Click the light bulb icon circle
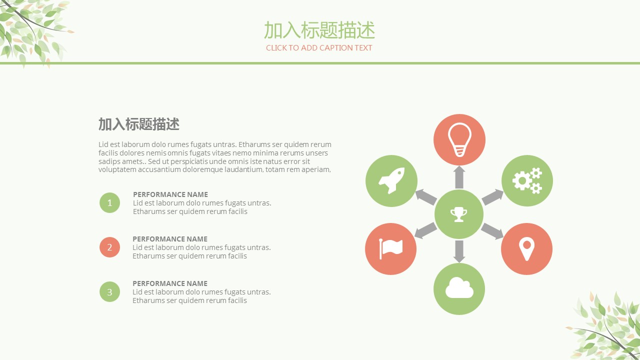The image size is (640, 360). click(x=459, y=139)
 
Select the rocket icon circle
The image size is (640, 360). click(x=391, y=181)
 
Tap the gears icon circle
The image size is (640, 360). click(x=527, y=181)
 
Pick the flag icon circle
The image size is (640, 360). click(x=391, y=249)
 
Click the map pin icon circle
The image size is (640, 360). click(x=526, y=249)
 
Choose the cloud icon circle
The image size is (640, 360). click(x=459, y=289)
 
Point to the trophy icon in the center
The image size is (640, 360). click(x=459, y=214)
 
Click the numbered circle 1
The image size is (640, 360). click(x=109, y=203)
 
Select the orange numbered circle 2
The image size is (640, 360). click(x=109, y=247)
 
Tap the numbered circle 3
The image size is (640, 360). click(x=109, y=291)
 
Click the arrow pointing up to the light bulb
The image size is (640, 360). click(x=459, y=177)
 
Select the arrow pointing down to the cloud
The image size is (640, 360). click(x=459, y=251)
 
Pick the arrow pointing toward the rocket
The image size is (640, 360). click(x=425, y=196)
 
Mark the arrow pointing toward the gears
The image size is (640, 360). click(x=492, y=196)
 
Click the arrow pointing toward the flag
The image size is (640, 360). click(x=425, y=230)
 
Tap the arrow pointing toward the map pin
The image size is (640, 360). click(x=492, y=231)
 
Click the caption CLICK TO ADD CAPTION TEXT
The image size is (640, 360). click(x=319, y=47)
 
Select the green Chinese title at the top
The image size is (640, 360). click(x=319, y=30)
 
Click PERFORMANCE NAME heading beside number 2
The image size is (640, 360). click(x=170, y=239)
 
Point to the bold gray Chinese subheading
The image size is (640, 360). click(x=139, y=124)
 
